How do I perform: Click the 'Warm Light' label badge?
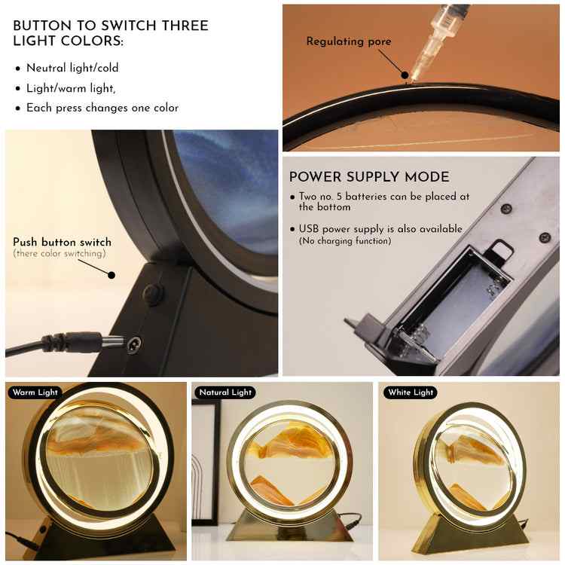[35, 392]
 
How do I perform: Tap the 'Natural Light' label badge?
[225, 392]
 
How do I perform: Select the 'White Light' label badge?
[411, 392]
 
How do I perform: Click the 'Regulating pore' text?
[349, 41]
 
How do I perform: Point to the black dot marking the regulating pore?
[405, 75]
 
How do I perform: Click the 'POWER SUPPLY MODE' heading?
[369, 177]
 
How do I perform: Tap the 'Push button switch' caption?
[62, 242]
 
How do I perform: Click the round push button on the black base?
[153, 292]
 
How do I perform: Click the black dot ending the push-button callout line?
[111, 275]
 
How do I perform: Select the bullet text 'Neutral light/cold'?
[72, 68]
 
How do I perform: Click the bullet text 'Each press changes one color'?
[102, 108]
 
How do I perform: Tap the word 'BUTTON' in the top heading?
[42, 26]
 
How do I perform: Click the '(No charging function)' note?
[345, 241]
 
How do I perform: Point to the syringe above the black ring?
[437, 40]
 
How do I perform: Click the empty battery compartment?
[450, 303]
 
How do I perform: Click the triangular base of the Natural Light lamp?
[289, 526]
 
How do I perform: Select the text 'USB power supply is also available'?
[380, 229]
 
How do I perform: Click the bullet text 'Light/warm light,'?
[71, 88]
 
